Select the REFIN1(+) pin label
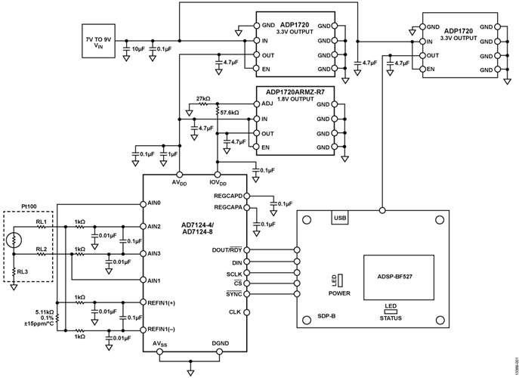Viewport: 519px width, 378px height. pos(163,302)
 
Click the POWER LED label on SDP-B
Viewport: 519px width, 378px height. pos(338,291)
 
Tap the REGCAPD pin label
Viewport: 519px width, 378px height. pos(230,196)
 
